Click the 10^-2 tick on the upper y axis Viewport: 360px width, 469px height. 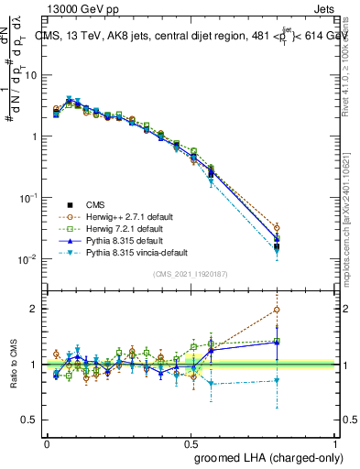[30, 259]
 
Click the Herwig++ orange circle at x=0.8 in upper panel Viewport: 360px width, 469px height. [277, 227]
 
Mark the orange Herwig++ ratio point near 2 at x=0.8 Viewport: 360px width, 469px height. [277, 310]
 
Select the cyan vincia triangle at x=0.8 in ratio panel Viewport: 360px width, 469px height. [277, 380]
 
